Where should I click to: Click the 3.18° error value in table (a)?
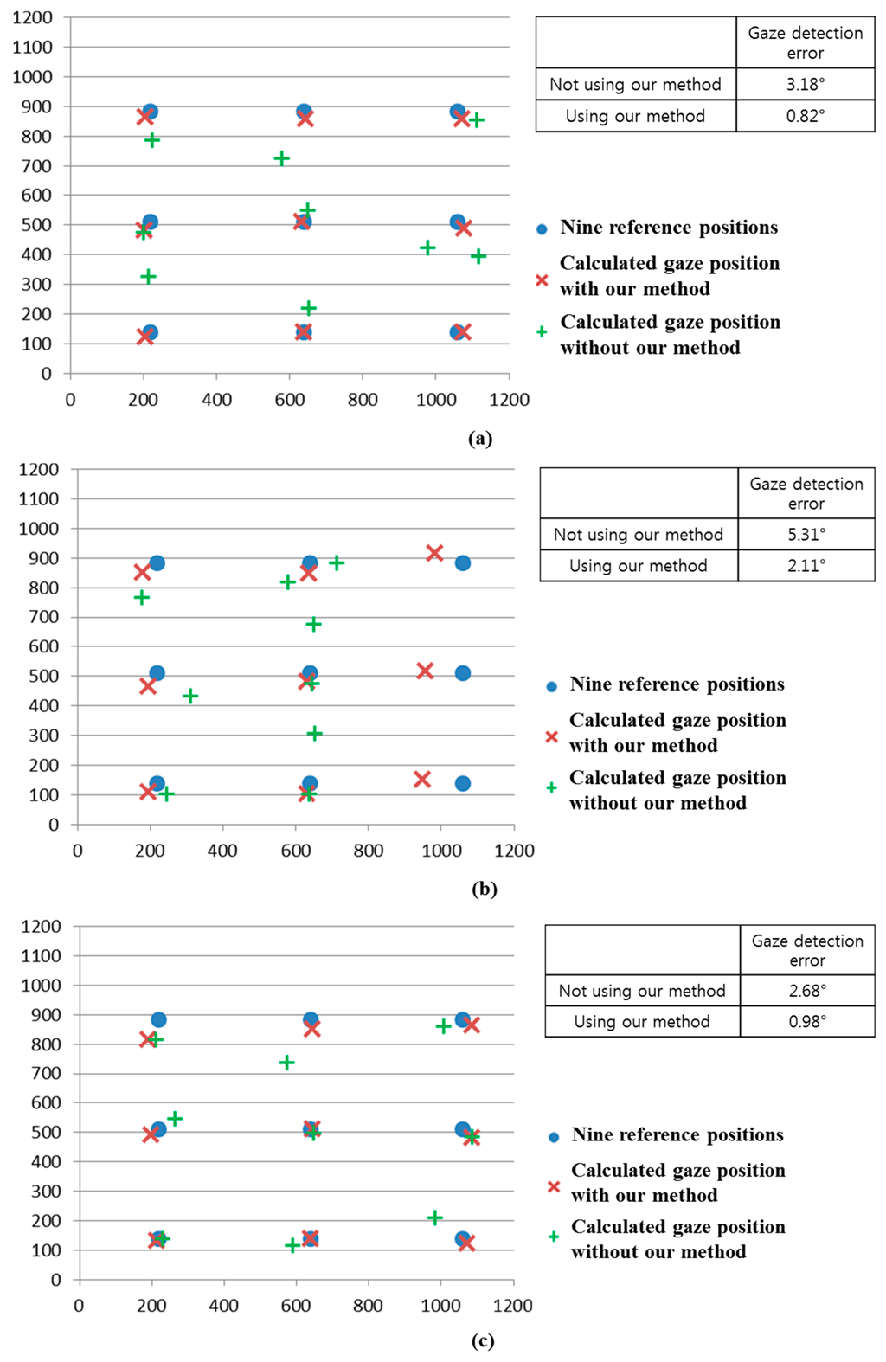click(805, 84)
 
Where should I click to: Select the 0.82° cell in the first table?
click(805, 116)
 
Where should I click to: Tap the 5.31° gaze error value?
click(806, 534)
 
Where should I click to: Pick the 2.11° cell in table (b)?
click(806, 565)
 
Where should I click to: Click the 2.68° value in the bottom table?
click(807, 990)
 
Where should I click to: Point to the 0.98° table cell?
click(807, 1021)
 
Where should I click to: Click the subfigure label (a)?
click(480, 438)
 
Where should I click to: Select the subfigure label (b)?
click(484, 889)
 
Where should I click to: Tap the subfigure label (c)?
click(483, 1340)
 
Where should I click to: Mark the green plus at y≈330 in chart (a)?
click(148, 277)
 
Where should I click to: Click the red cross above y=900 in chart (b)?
click(434, 553)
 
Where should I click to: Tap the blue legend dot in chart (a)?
click(542, 229)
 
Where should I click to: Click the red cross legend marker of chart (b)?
click(551, 736)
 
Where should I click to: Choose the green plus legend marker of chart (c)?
click(554, 1237)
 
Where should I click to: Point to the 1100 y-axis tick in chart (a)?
click(32, 47)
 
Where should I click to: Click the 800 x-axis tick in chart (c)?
click(368, 1305)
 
